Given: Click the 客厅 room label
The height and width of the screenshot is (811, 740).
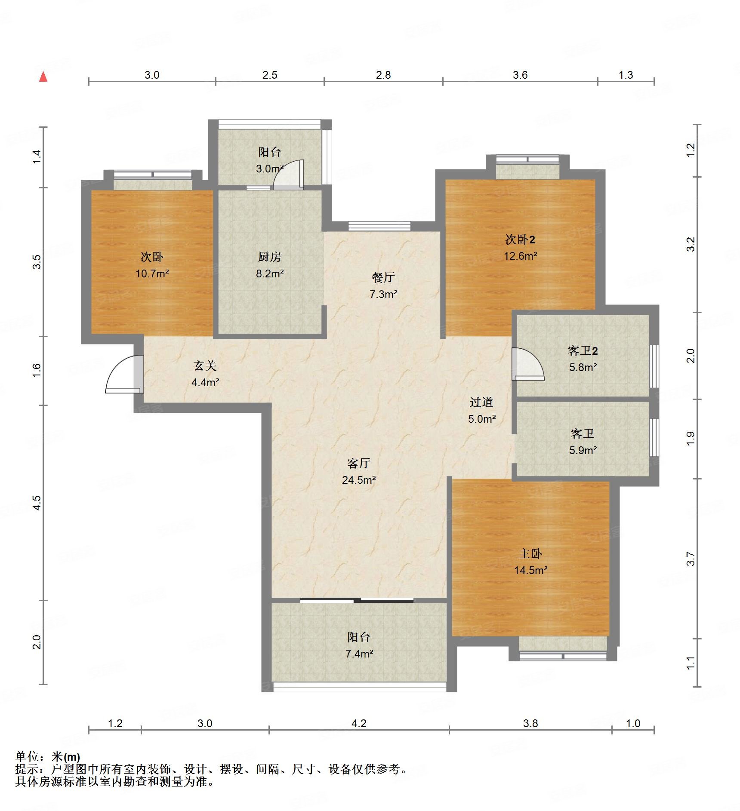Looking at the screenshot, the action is (358, 463).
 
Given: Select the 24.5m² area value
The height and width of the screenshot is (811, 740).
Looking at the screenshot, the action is (359, 480).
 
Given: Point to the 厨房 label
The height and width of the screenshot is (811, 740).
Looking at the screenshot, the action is (269, 257).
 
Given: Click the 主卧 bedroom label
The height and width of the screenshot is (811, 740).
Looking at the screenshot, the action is (530, 553).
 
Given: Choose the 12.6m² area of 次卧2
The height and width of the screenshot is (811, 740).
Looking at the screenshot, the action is (520, 256).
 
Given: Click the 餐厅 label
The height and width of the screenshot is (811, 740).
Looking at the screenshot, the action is (383, 277).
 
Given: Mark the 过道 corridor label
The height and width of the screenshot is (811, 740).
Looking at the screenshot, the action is (481, 402).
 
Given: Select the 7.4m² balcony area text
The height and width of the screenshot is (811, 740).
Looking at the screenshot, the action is (359, 654).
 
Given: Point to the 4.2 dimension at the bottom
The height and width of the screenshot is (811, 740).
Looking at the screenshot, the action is (359, 723).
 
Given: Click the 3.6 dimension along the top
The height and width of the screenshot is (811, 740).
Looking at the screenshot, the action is (520, 75).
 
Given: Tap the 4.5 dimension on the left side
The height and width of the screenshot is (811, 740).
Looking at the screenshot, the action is (37, 502).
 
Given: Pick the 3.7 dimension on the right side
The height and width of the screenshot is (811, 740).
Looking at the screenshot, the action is (691, 559).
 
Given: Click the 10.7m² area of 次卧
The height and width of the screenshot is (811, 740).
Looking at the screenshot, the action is (152, 273).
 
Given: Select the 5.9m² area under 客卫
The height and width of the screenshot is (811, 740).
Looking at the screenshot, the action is (583, 450).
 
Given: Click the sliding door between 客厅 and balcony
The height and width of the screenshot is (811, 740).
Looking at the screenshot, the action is (357, 600).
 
